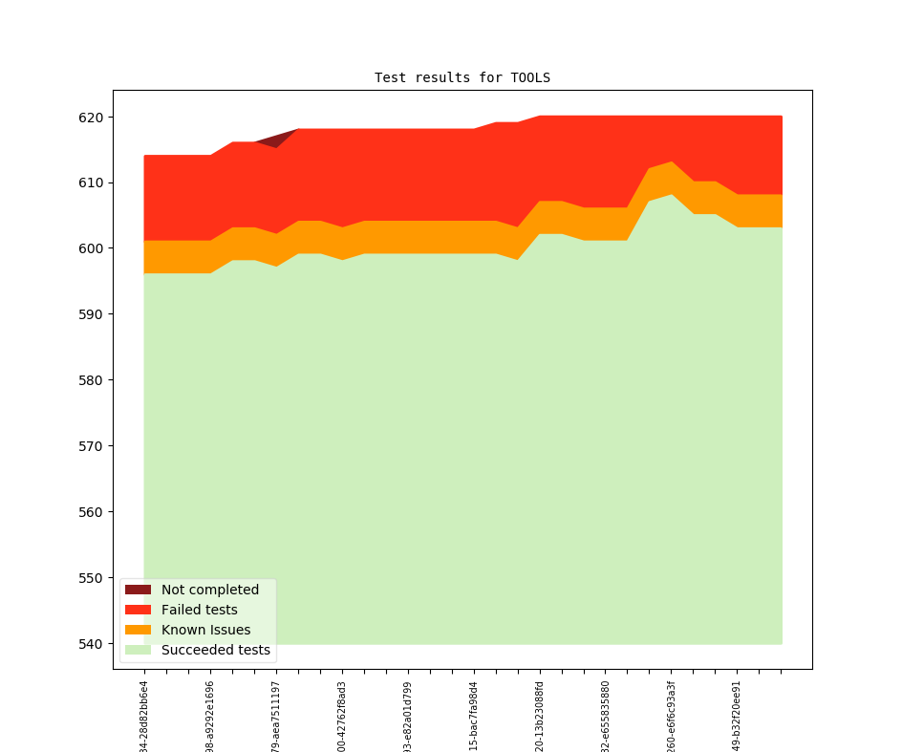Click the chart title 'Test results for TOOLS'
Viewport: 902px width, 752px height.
[x=462, y=77]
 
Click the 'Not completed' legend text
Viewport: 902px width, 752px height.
[x=209, y=590]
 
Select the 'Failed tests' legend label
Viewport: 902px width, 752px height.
[x=199, y=610]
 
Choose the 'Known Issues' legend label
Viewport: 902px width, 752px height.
[x=205, y=630]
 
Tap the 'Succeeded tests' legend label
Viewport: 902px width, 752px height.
[x=215, y=651]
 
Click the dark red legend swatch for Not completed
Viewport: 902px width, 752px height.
[x=138, y=590]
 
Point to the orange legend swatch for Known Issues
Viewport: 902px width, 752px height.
[x=138, y=630]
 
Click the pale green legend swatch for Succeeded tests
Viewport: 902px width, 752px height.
[x=138, y=651]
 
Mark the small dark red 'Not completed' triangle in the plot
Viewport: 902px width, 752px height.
[x=280, y=139]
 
